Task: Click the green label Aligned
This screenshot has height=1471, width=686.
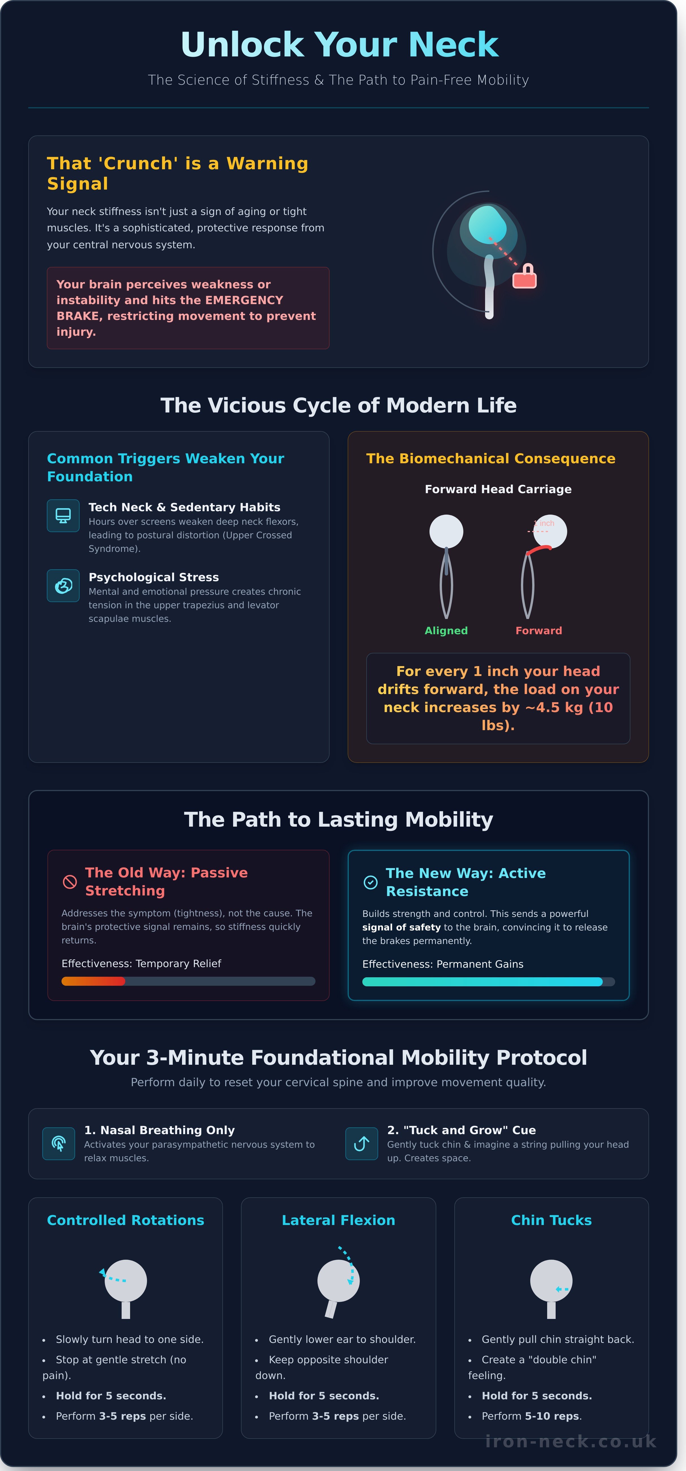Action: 446,631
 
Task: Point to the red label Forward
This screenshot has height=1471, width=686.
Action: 539,631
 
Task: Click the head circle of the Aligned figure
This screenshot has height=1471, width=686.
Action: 446,532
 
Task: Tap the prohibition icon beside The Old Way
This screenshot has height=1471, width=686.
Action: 70,882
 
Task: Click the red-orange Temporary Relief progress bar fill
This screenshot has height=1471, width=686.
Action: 93,981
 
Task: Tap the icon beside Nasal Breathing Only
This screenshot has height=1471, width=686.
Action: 59,1144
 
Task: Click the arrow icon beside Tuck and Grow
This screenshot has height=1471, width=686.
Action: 361,1144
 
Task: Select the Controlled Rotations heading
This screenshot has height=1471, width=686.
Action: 126,1220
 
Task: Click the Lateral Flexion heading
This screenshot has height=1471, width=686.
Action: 339,1220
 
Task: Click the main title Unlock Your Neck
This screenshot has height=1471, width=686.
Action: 340,45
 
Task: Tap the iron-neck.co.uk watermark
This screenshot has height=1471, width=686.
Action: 571,1442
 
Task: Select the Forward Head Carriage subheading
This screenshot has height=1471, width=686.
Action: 498,489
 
